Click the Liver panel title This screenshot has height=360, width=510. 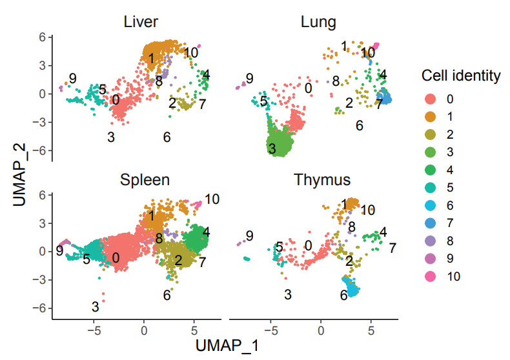(x=141, y=23)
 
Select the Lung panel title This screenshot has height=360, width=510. (x=318, y=23)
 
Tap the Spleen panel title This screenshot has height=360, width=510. (x=145, y=179)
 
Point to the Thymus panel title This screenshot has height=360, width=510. (x=322, y=179)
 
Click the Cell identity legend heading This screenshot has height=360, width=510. (x=461, y=76)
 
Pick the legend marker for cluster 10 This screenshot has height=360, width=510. (x=431, y=277)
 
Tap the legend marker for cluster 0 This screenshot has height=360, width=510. (x=431, y=99)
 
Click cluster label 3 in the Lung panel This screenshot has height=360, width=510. (x=272, y=149)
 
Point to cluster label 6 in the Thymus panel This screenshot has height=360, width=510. (x=344, y=295)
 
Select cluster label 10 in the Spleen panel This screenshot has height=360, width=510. (x=212, y=199)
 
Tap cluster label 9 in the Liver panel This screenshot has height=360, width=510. (x=73, y=79)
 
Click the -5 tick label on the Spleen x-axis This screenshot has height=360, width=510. (x=94, y=329)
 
